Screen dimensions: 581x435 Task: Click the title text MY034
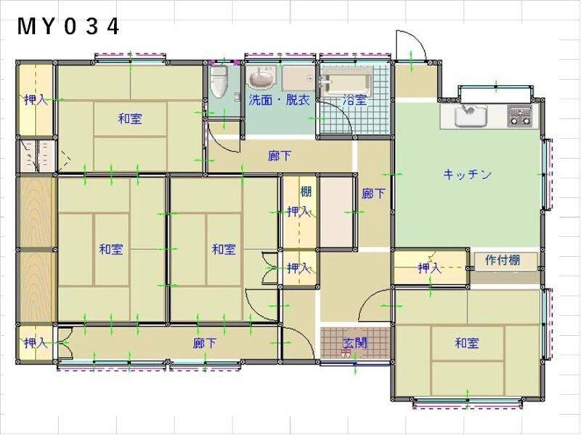(x=68, y=27)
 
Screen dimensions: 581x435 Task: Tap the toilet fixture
(x=219, y=82)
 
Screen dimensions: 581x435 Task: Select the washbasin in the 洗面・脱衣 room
(x=262, y=77)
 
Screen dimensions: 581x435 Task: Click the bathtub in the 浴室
(x=346, y=82)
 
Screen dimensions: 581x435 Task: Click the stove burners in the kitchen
(x=519, y=115)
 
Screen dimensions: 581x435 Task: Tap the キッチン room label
(x=467, y=174)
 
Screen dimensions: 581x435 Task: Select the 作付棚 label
(x=503, y=260)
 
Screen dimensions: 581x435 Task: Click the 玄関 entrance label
(x=355, y=343)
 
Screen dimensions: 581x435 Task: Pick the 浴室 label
(x=355, y=100)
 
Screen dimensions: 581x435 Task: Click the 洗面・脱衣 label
(x=279, y=100)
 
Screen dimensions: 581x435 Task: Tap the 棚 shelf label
(x=306, y=191)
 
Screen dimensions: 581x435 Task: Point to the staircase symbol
(x=37, y=156)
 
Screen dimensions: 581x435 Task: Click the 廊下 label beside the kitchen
(x=373, y=194)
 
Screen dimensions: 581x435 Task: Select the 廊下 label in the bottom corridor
(x=205, y=343)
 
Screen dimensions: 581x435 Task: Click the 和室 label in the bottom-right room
(x=467, y=343)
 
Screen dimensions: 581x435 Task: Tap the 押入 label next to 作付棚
(x=430, y=268)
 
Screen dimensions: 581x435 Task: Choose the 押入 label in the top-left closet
(x=36, y=99)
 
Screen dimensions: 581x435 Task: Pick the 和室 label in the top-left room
(x=130, y=119)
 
